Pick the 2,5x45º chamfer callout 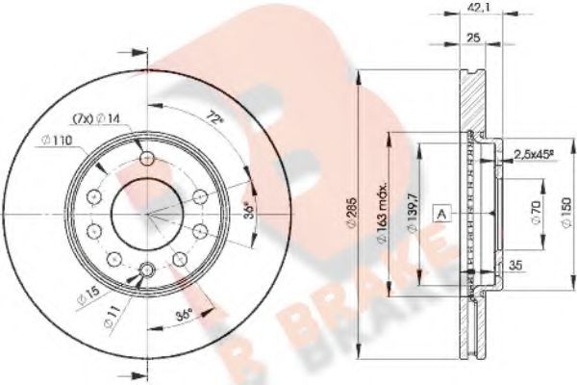(x=538, y=154)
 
